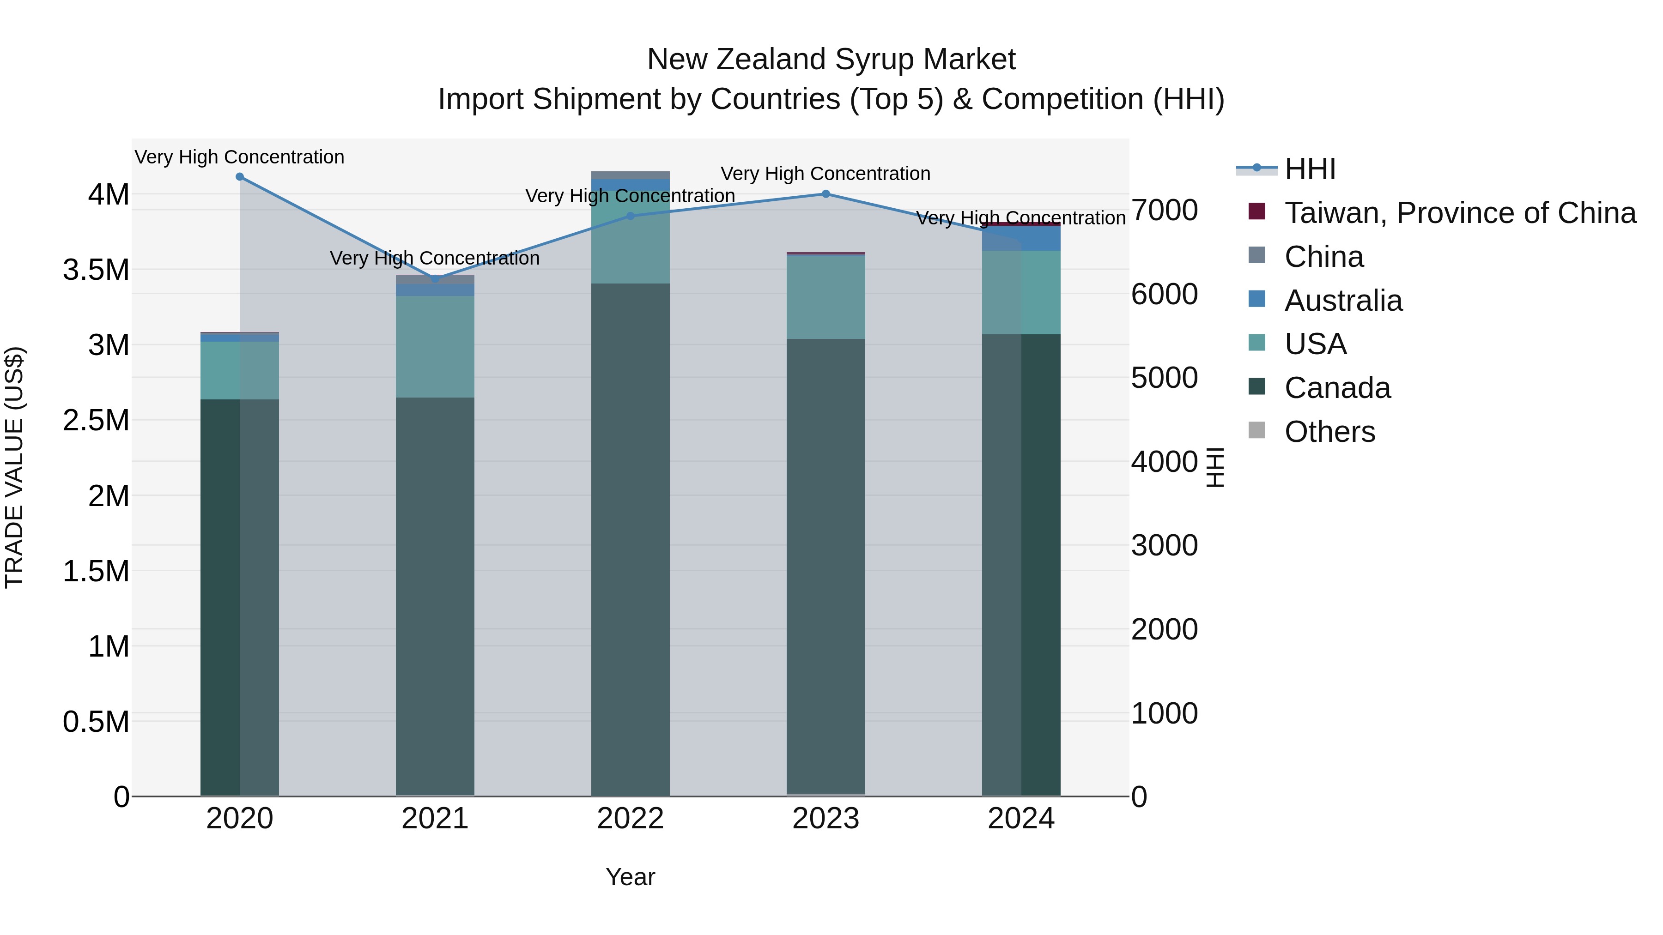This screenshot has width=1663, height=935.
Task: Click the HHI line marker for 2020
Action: click(x=239, y=177)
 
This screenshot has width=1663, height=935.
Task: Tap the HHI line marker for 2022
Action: click(x=631, y=216)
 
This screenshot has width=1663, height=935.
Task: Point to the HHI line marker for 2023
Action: click(x=825, y=193)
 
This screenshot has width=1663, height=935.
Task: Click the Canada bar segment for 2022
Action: click(x=630, y=539)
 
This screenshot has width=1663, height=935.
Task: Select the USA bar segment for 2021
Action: click(x=435, y=346)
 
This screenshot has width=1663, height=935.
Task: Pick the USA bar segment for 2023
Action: click(x=825, y=297)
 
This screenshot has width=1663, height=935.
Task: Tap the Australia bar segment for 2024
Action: click(x=1021, y=239)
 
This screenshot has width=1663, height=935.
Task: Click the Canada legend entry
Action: click(x=1337, y=388)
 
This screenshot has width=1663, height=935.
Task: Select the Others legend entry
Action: click(x=1329, y=432)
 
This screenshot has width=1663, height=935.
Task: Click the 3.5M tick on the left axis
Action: click(x=96, y=270)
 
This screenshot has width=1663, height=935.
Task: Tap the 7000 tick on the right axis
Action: click(x=1165, y=211)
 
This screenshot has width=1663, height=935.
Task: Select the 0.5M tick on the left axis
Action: click(x=96, y=721)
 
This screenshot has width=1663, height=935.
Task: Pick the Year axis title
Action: click(x=630, y=877)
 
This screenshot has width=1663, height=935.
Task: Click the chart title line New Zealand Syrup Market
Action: click(x=831, y=60)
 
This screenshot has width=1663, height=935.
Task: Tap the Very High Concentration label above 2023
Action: click(x=825, y=174)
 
